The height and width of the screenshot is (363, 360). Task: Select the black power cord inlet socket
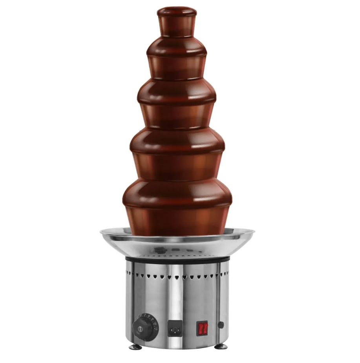coord(175,328)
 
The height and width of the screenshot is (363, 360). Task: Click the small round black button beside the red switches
coord(221,325)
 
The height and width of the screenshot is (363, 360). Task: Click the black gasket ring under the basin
coord(177,259)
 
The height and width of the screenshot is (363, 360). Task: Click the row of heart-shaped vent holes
coord(177,277)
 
